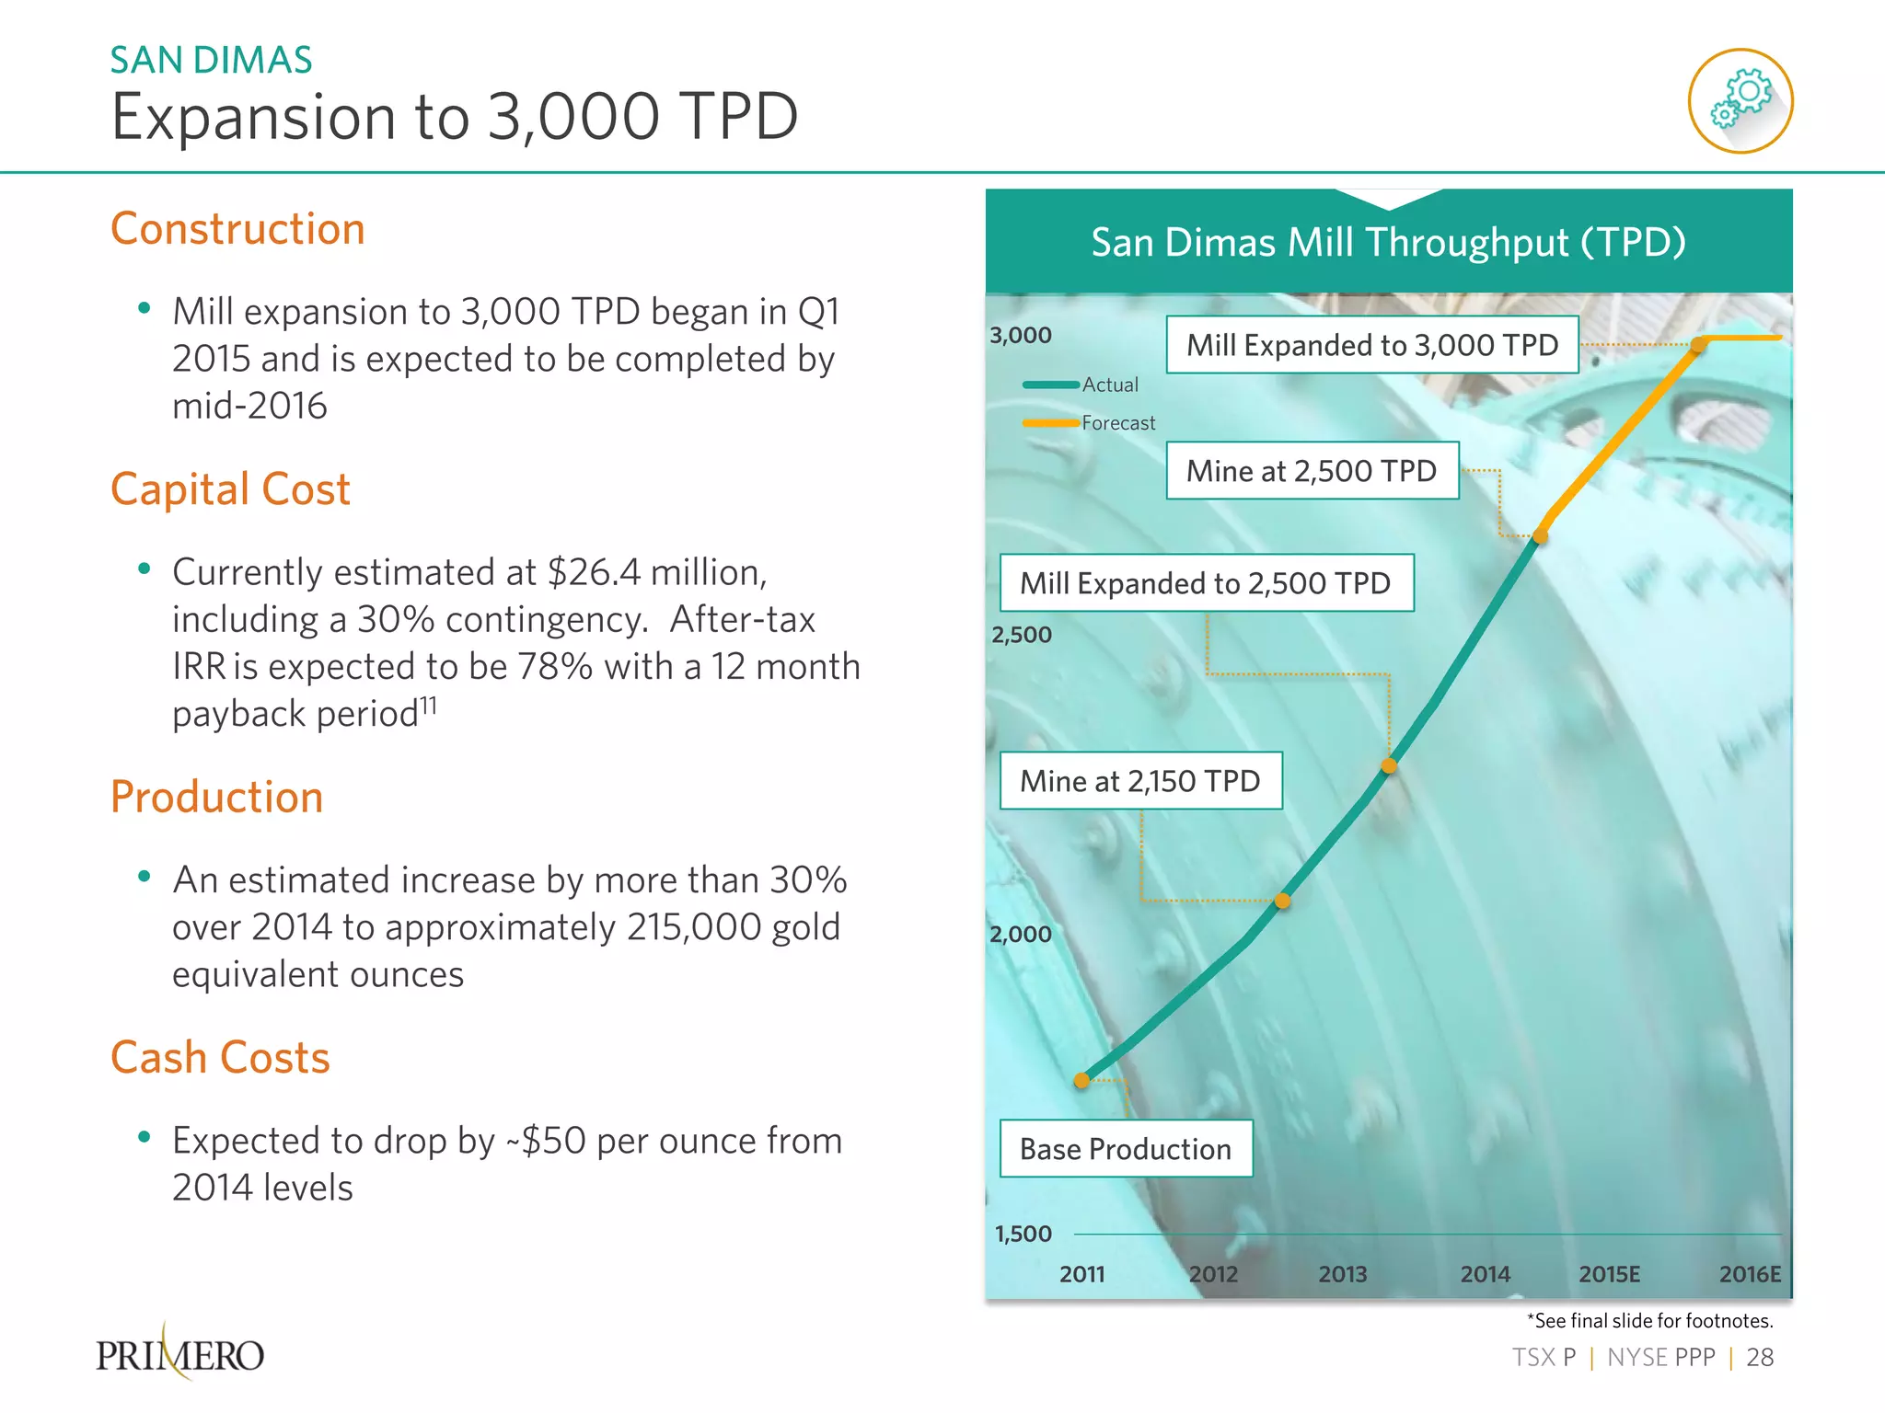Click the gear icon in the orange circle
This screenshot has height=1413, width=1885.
point(1740,101)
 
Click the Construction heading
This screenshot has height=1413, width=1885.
point(237,228)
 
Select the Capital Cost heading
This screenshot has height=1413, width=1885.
point(230,488)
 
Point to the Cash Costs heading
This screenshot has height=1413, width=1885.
point(220,1057)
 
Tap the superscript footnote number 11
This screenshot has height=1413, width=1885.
point(428,706)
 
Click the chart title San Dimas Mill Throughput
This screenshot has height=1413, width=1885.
point(1388,242)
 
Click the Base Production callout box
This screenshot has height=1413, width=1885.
point(1126,1148)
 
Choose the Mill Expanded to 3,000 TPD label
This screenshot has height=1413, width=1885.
point(1371,345)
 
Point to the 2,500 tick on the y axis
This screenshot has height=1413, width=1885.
point(1021,635)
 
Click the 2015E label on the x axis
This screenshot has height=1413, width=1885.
point(1609,1274)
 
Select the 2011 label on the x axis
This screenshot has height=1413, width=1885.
point(1081,1274)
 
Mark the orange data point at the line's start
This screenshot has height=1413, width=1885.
point(1082,1081)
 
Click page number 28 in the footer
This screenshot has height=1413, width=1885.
point(1759,1357)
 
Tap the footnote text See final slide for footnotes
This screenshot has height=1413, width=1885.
point(1649,1321)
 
